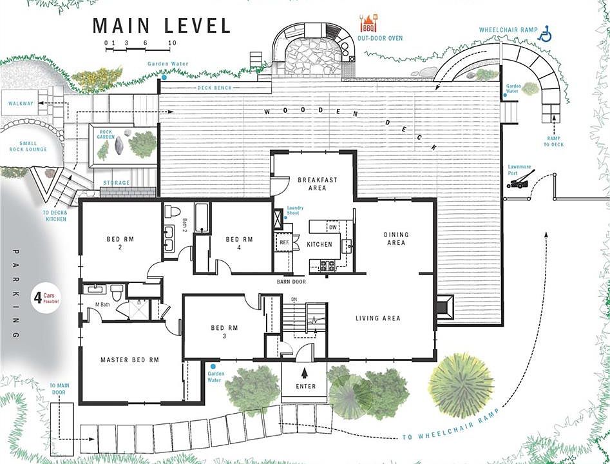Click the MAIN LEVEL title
(162, 26)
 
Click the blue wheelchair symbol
(545, 34)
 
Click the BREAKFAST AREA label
(316, 184)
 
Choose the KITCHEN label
(319, 245)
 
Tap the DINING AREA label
(396, 238)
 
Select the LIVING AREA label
(378, 318)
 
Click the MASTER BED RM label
(129, 360)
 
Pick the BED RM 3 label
(225, 332)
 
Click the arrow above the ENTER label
(306, 372)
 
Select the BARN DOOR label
(291, 282)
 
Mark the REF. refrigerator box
(284, 243)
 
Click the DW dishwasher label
(332, 227)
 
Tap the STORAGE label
(117, 183)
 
